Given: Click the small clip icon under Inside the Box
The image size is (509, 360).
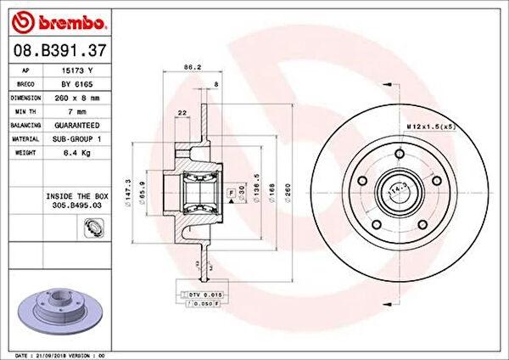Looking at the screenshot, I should pos(92,228).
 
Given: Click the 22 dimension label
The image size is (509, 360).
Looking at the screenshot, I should pos(182,113).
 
